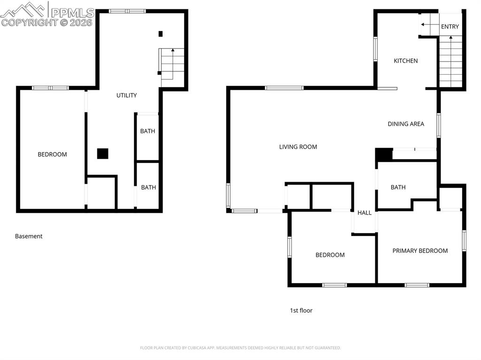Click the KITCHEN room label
point(405,61)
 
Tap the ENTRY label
point(450,27)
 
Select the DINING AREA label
point(406,124)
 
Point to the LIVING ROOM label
point(298,147)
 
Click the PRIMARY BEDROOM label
point(420,251)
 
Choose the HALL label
point(364,213)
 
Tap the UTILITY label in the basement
point(126,95)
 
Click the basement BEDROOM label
point(52,154)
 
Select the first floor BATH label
point(398,187)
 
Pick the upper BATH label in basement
point(147,131)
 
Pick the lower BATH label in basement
point(148,187)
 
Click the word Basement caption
point(29,236)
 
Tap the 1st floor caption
point(301,310)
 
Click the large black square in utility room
point(102,153)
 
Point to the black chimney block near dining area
point(383,154)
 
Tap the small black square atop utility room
point(160,34)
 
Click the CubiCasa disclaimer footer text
point(240,348)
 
